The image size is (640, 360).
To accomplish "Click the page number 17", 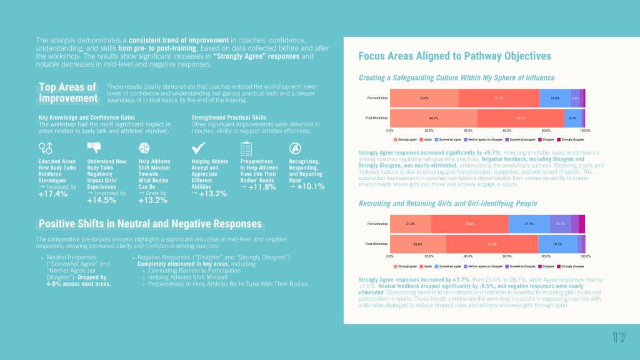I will pos(619,337).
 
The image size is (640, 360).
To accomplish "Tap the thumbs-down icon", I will pos(94,147).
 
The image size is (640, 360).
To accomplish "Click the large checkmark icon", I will pos(199,147).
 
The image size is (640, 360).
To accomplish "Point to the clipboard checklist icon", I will pos(246,148).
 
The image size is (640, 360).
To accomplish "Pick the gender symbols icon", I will pos(46,147).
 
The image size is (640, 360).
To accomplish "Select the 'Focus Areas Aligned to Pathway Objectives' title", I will pos(454,56).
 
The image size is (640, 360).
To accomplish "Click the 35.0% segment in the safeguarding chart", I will pos(424,99).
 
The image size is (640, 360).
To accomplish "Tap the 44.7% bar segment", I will pos(433,117).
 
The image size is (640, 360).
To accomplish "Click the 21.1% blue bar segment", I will pos(529,223).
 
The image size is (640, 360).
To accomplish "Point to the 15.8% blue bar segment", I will pos(554,99).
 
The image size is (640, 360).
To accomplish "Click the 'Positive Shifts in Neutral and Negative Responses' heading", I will pos(150,224).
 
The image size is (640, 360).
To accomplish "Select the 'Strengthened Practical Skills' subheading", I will pos(228,117).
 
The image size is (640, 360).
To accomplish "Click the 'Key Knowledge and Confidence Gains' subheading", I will pos(86,117).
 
